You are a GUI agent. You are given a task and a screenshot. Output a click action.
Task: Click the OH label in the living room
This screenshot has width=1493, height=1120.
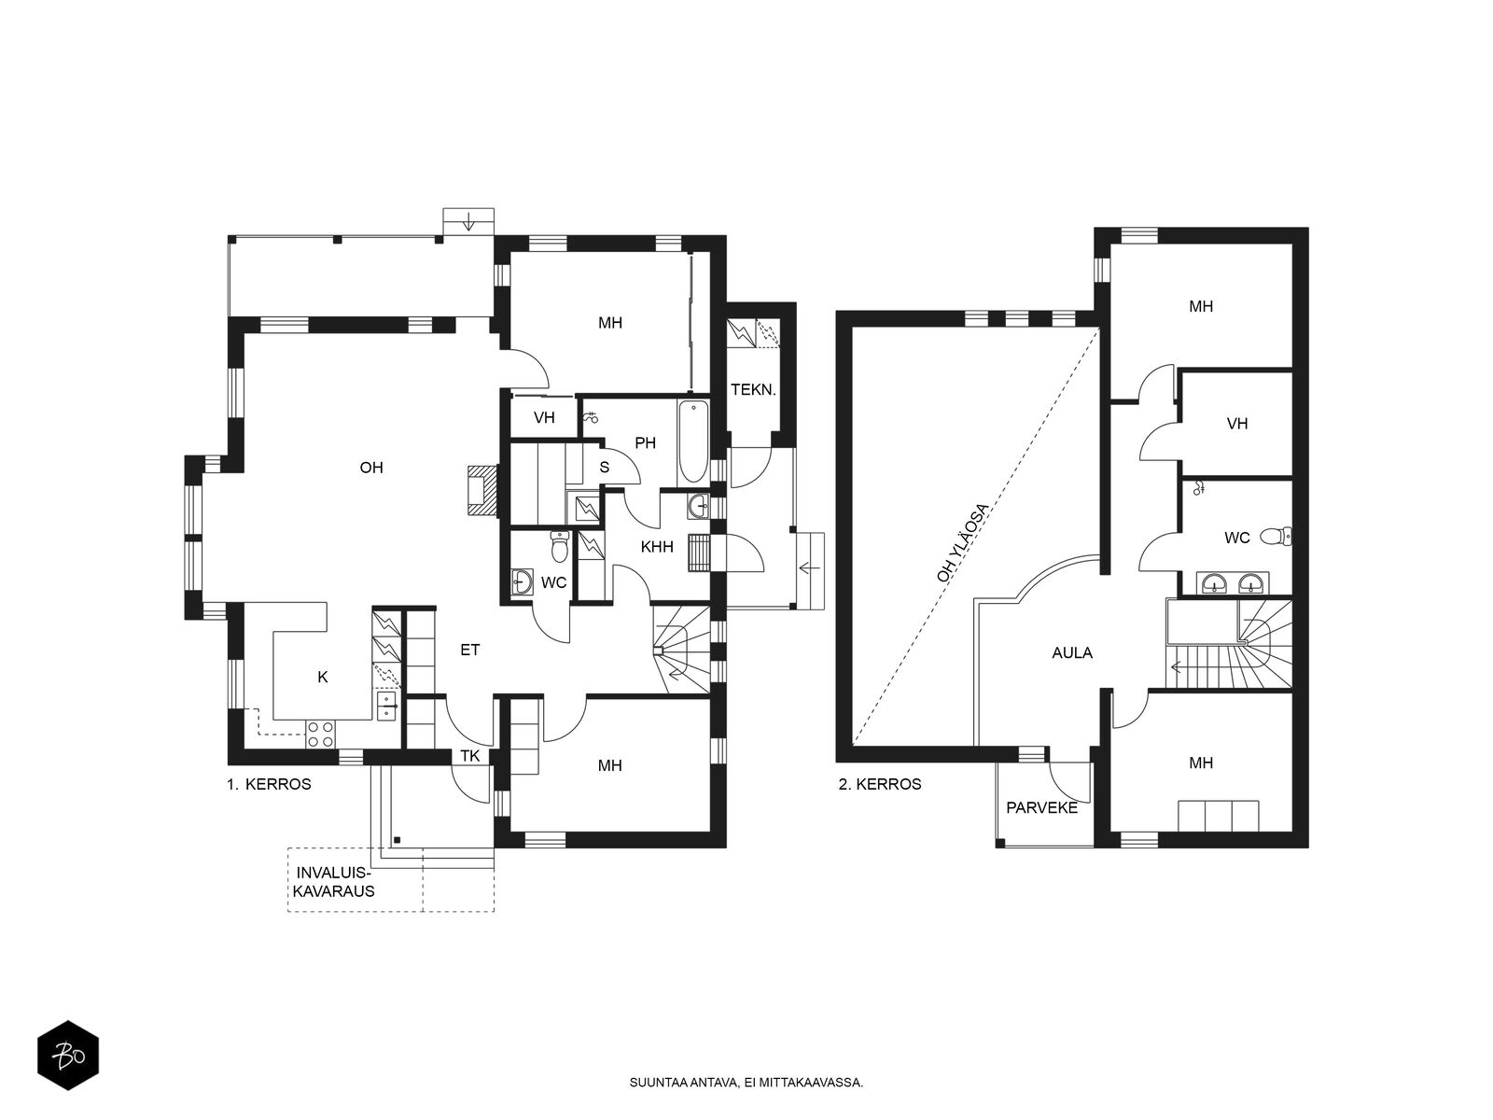coord(371,468)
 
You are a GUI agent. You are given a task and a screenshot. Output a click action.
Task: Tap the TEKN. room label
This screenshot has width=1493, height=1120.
coord(753,389)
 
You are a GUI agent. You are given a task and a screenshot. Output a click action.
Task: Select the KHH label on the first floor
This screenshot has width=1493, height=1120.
coord(657,547)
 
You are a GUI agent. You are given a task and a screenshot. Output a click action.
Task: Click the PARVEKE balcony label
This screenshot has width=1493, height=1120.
coord(1042,808)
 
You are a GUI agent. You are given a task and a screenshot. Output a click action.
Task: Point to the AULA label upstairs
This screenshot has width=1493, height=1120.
coord(1072,652)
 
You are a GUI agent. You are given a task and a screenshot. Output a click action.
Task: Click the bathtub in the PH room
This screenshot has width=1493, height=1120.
coord(693,441)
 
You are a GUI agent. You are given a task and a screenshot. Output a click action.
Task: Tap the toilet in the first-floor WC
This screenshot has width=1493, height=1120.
coord(559,547)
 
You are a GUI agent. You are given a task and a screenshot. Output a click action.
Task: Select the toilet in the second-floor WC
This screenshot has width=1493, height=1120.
coord(1276,537)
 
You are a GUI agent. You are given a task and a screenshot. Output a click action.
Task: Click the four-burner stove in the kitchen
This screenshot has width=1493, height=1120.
coord(320,734)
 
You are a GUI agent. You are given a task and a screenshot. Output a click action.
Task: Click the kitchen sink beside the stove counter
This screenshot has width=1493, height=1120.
coord(387,706)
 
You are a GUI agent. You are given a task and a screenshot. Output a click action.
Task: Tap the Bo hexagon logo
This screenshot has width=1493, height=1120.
coord(68,1056)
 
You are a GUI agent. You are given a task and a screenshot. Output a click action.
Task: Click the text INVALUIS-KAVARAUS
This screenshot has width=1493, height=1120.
coord(333,882)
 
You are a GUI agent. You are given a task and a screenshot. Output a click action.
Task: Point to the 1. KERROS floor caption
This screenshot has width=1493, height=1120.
coord(269,784)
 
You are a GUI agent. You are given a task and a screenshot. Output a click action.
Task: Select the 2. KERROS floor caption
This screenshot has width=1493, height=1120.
coord(880,784)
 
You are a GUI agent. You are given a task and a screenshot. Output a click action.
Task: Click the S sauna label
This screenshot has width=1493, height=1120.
coord(604,468)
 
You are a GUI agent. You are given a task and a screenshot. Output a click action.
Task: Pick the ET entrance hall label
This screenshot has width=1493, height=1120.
coord(470,651)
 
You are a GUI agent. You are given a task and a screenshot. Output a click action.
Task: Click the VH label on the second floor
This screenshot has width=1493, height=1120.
coord(1237,424)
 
